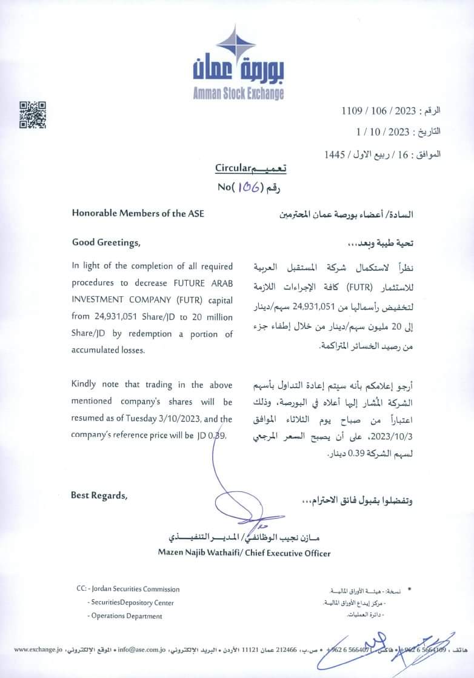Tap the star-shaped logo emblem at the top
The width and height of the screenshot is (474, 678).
(x=236, y=44)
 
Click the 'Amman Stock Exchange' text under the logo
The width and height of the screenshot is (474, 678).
(x=238, y=93)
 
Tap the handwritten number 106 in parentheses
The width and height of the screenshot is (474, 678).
(x=247, y=187)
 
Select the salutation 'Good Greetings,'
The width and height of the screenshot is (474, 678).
(x=105, y=243)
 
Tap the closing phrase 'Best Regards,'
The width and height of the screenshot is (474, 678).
(x=99, y=495)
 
